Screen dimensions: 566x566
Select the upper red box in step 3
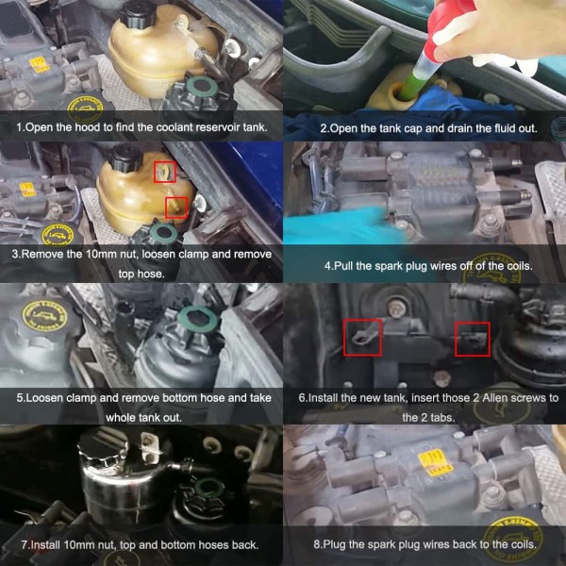pyautogui.click(x=163, y=171)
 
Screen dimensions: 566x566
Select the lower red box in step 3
pyautogui.click(x=175, y=208)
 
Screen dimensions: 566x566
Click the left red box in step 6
pyautogui.click(x=362, y=337)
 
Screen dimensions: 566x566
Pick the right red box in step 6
pyautogui.click(x=472, y=339)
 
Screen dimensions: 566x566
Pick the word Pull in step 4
pyautogui.click(x=345, y=266)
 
